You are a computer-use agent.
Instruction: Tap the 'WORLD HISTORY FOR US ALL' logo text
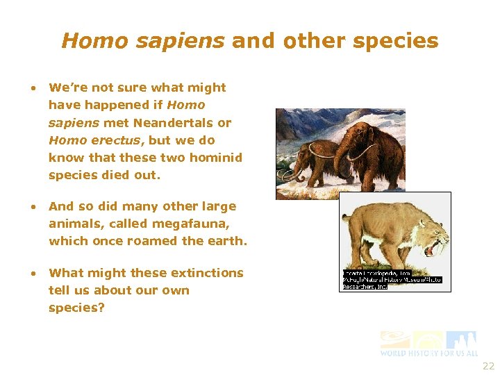click(428, 353)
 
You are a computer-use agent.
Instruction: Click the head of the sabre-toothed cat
click(427, 228)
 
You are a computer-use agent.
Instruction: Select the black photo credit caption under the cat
click(392, 279)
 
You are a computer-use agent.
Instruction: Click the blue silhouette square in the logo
click(461, 340)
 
